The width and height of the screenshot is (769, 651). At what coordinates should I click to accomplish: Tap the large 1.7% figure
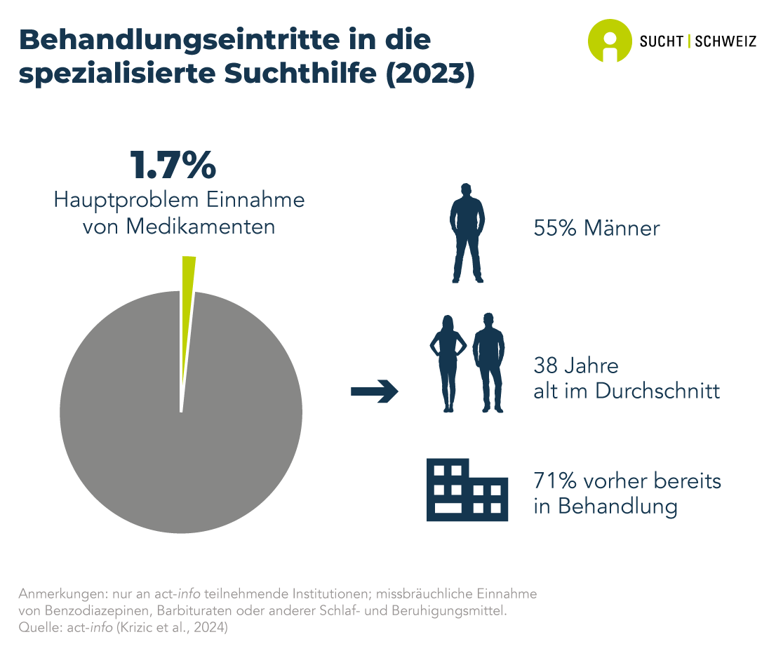(x=173, y=166)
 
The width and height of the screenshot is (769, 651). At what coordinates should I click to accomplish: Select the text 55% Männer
(x=596, y=228)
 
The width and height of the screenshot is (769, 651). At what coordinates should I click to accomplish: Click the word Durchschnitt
(x=657, y=391)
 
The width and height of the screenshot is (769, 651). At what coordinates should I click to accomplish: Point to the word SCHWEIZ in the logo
(x=725, y=41)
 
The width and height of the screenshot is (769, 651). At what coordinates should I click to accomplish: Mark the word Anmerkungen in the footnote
(x=58, y=593)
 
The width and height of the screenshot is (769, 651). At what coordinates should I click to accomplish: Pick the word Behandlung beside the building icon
(x=617, y=506)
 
